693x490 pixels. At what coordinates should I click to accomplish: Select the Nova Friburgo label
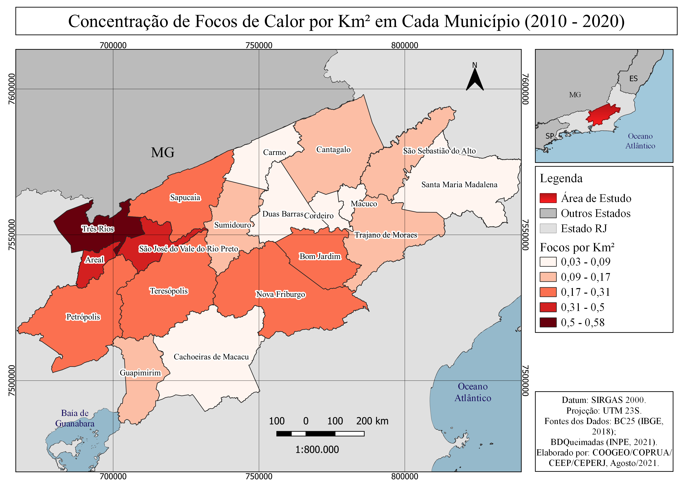280,294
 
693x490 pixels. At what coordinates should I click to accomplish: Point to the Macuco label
364,204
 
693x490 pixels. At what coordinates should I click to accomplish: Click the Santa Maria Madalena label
459,185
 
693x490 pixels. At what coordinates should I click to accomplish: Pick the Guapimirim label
140,373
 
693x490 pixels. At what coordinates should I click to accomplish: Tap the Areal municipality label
94,260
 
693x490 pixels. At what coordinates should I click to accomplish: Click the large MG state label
163,153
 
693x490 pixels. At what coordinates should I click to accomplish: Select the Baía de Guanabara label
75,418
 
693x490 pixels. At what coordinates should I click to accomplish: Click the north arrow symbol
475,79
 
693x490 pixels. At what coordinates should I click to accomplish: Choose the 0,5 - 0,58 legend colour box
548,322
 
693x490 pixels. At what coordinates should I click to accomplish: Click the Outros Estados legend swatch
548,213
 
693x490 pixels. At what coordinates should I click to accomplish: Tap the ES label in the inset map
633,79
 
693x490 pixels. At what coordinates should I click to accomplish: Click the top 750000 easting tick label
259,46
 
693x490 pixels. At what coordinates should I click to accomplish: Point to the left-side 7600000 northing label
11,89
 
